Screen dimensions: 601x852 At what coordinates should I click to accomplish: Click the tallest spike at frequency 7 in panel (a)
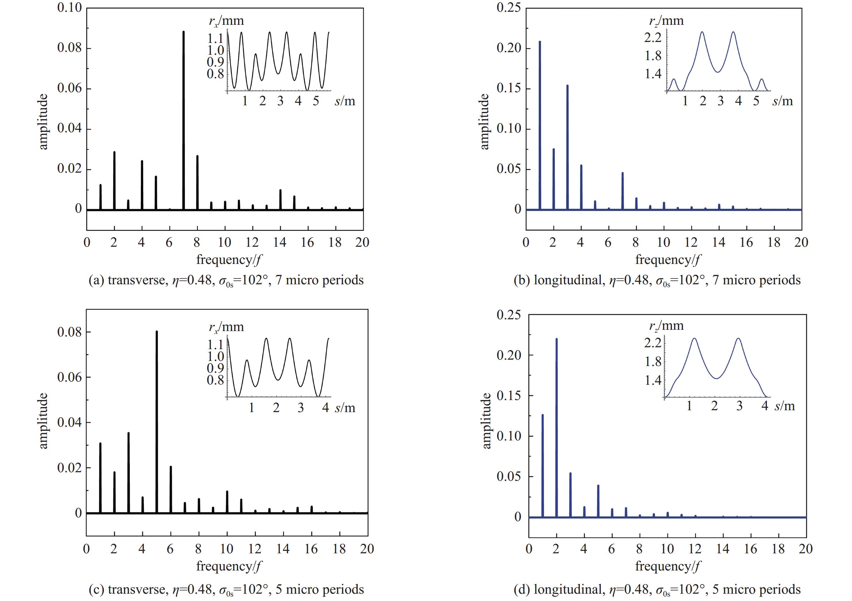point(183,119)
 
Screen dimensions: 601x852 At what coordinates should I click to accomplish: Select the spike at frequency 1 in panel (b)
point(539,126)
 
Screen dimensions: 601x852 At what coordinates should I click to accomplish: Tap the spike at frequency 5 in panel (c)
point(157,423)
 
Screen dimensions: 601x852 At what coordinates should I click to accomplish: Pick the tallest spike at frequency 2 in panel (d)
point(556,426)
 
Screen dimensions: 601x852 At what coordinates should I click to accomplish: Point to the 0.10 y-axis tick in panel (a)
point(69,8)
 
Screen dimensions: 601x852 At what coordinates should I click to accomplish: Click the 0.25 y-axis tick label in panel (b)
point(509,8)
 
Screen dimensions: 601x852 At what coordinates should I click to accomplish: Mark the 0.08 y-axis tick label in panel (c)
point(69,332)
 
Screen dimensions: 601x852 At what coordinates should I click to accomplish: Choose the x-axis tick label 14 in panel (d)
point(722,549)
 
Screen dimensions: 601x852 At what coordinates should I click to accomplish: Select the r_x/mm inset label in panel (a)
point(226,21)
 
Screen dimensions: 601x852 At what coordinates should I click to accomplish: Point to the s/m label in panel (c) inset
point(345,408)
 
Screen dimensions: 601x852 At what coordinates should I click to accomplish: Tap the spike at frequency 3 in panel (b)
point(567,148)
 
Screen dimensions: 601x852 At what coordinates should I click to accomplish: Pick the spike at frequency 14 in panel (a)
point(280,200)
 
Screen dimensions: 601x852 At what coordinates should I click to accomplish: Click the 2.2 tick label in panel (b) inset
point(653,38)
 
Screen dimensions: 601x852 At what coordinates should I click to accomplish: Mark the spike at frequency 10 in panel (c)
point(227,502)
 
